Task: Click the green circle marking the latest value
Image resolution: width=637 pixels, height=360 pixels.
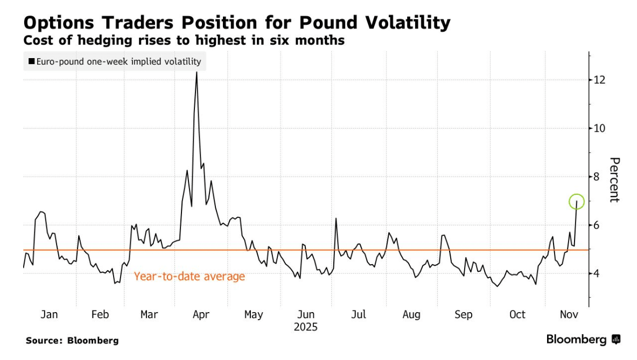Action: point(576,202)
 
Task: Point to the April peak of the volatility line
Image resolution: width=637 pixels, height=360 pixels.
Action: point(197,73)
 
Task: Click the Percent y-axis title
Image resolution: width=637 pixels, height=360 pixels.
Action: point(615,180)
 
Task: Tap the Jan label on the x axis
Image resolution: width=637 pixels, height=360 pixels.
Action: point(49,314)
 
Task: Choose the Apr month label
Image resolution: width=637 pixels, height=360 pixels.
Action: point(200,314)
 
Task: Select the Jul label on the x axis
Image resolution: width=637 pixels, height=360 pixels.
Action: point(359,314)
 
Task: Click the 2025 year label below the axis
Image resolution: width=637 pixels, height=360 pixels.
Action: point(306,327)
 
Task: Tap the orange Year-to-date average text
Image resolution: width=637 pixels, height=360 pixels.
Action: point(189,277)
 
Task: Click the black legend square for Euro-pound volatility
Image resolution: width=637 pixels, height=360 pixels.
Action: point(31,62)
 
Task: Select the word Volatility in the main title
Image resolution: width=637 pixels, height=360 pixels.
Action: point(391,23)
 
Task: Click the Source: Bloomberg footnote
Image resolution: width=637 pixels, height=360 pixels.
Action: point(72,341)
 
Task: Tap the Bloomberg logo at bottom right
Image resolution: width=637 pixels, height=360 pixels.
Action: point(583,340)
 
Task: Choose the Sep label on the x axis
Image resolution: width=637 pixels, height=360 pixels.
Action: point(464,314)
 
